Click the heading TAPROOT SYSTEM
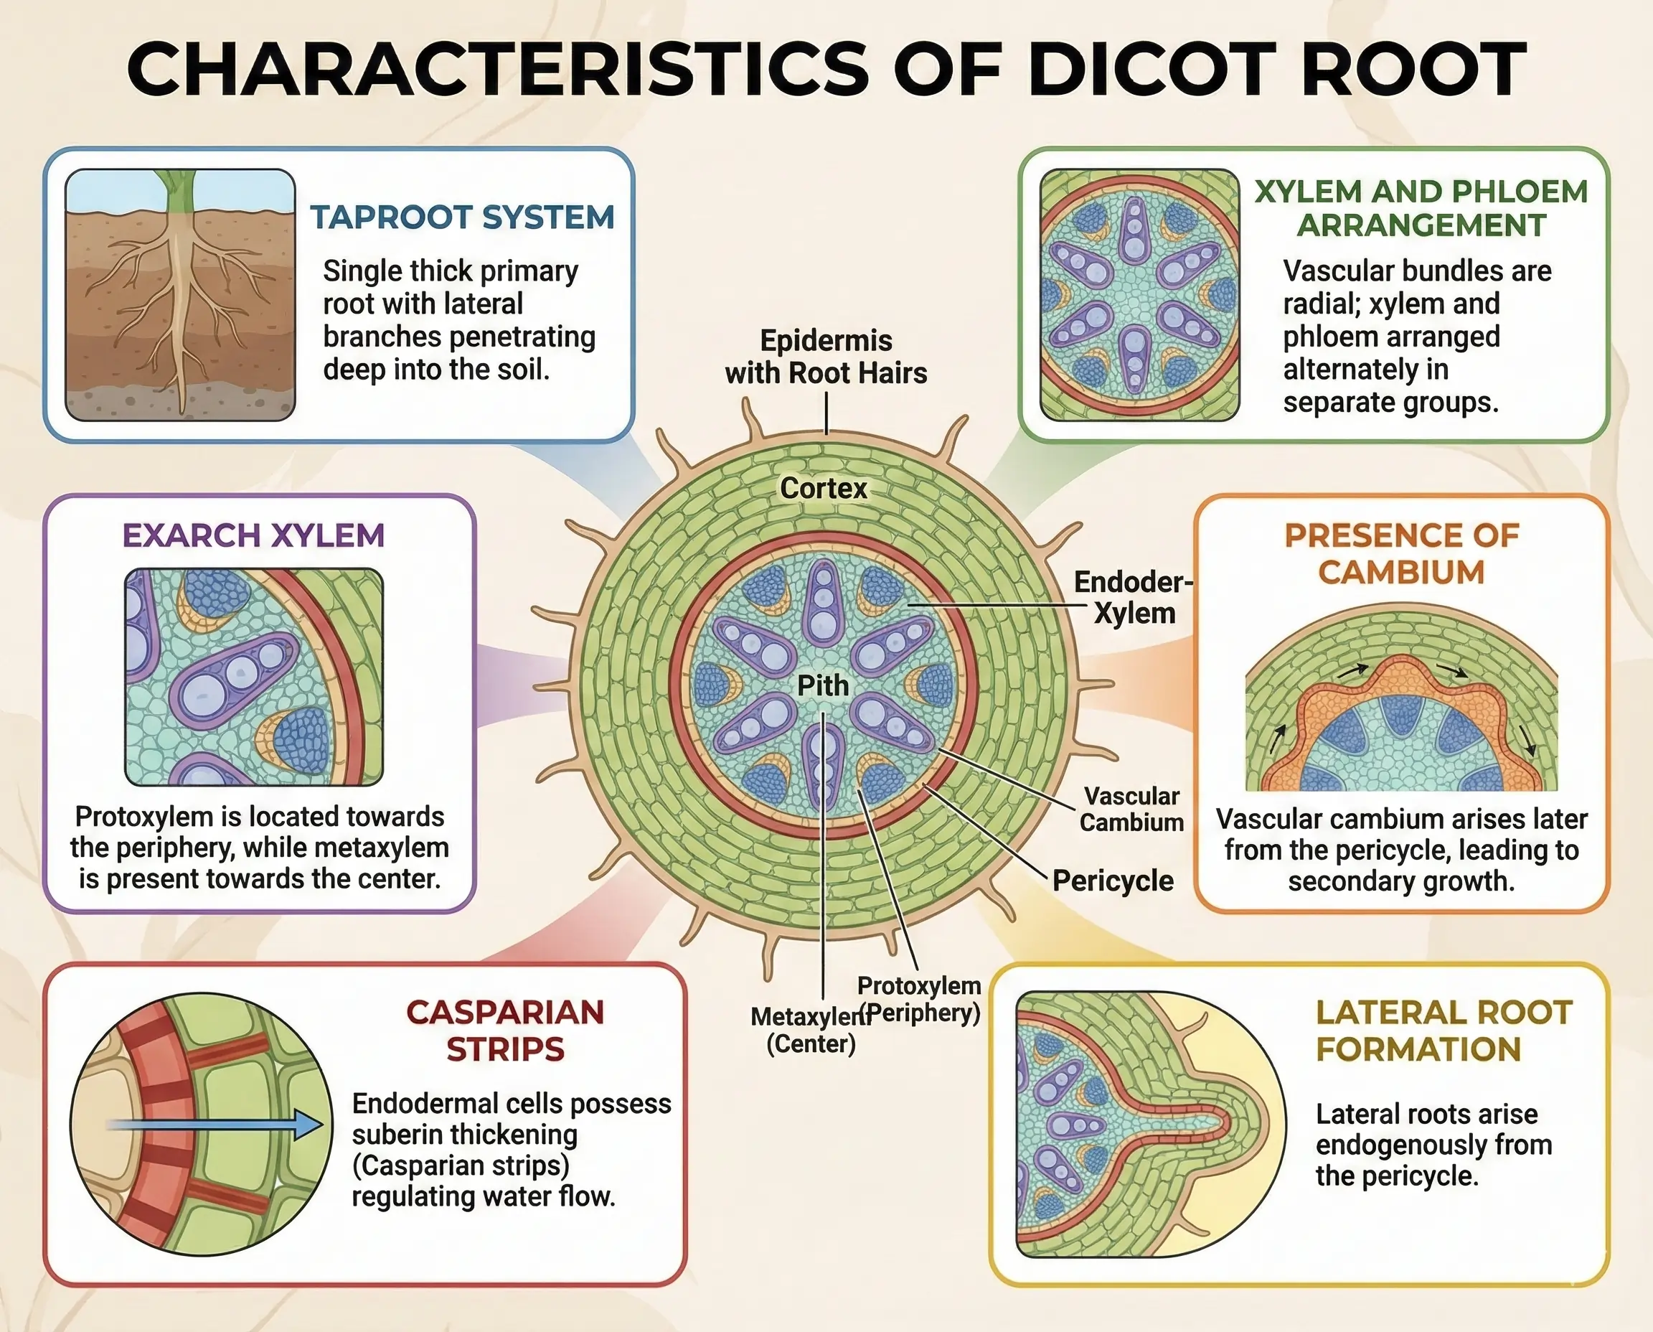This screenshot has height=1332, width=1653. click(x=462, y=217)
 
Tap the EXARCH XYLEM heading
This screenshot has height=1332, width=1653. click(x=253, y=535)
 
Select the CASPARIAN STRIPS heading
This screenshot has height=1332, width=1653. click(x=504, y=1031)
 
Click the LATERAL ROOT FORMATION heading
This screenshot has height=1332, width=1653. click(x=1444, y=1031)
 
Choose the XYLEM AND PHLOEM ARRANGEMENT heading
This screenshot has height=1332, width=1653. click(x=1421, y=208)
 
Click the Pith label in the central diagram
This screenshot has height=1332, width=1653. click(x=822, y=685)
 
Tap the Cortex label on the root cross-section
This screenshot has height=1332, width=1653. click(x=823, y=488)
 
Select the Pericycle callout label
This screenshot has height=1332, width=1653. click(x=1112, y=881)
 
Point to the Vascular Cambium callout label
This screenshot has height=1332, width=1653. click(x=1131, y=810)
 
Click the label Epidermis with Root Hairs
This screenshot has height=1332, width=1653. click(x=826, y=357)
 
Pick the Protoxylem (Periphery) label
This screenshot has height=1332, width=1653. click(x=919, y=999)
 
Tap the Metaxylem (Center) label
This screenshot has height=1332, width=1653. click(x=811, y=1030)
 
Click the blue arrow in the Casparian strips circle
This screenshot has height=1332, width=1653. click(x=215, y=1125)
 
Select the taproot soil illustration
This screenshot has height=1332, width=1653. click(x=180, y=296)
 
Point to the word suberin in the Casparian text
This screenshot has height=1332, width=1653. click(x=397, y=1135)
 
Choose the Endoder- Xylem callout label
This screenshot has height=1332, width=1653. click(x=1134, y=598)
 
